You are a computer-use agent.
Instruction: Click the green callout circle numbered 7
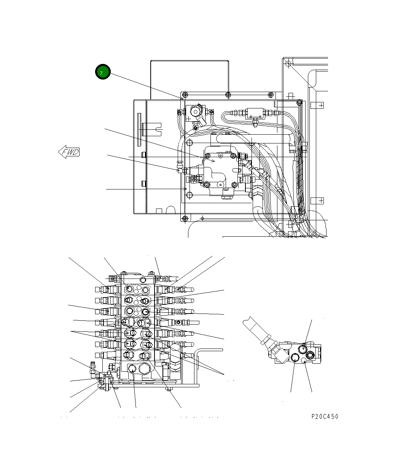point(102,72)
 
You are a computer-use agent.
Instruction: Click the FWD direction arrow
point(69,152)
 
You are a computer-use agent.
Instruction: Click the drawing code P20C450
point(324,416)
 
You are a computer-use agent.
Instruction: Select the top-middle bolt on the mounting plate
point(227,94)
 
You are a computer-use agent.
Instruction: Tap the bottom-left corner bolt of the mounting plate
point(185,218)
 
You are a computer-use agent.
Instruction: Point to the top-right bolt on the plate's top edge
point(270,94)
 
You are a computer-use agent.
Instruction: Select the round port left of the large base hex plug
point(132,369)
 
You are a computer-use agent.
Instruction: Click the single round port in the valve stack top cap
point(143,280)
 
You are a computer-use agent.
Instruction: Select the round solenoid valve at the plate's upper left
point(195,111)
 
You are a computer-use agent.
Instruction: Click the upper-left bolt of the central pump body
point(207,155)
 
